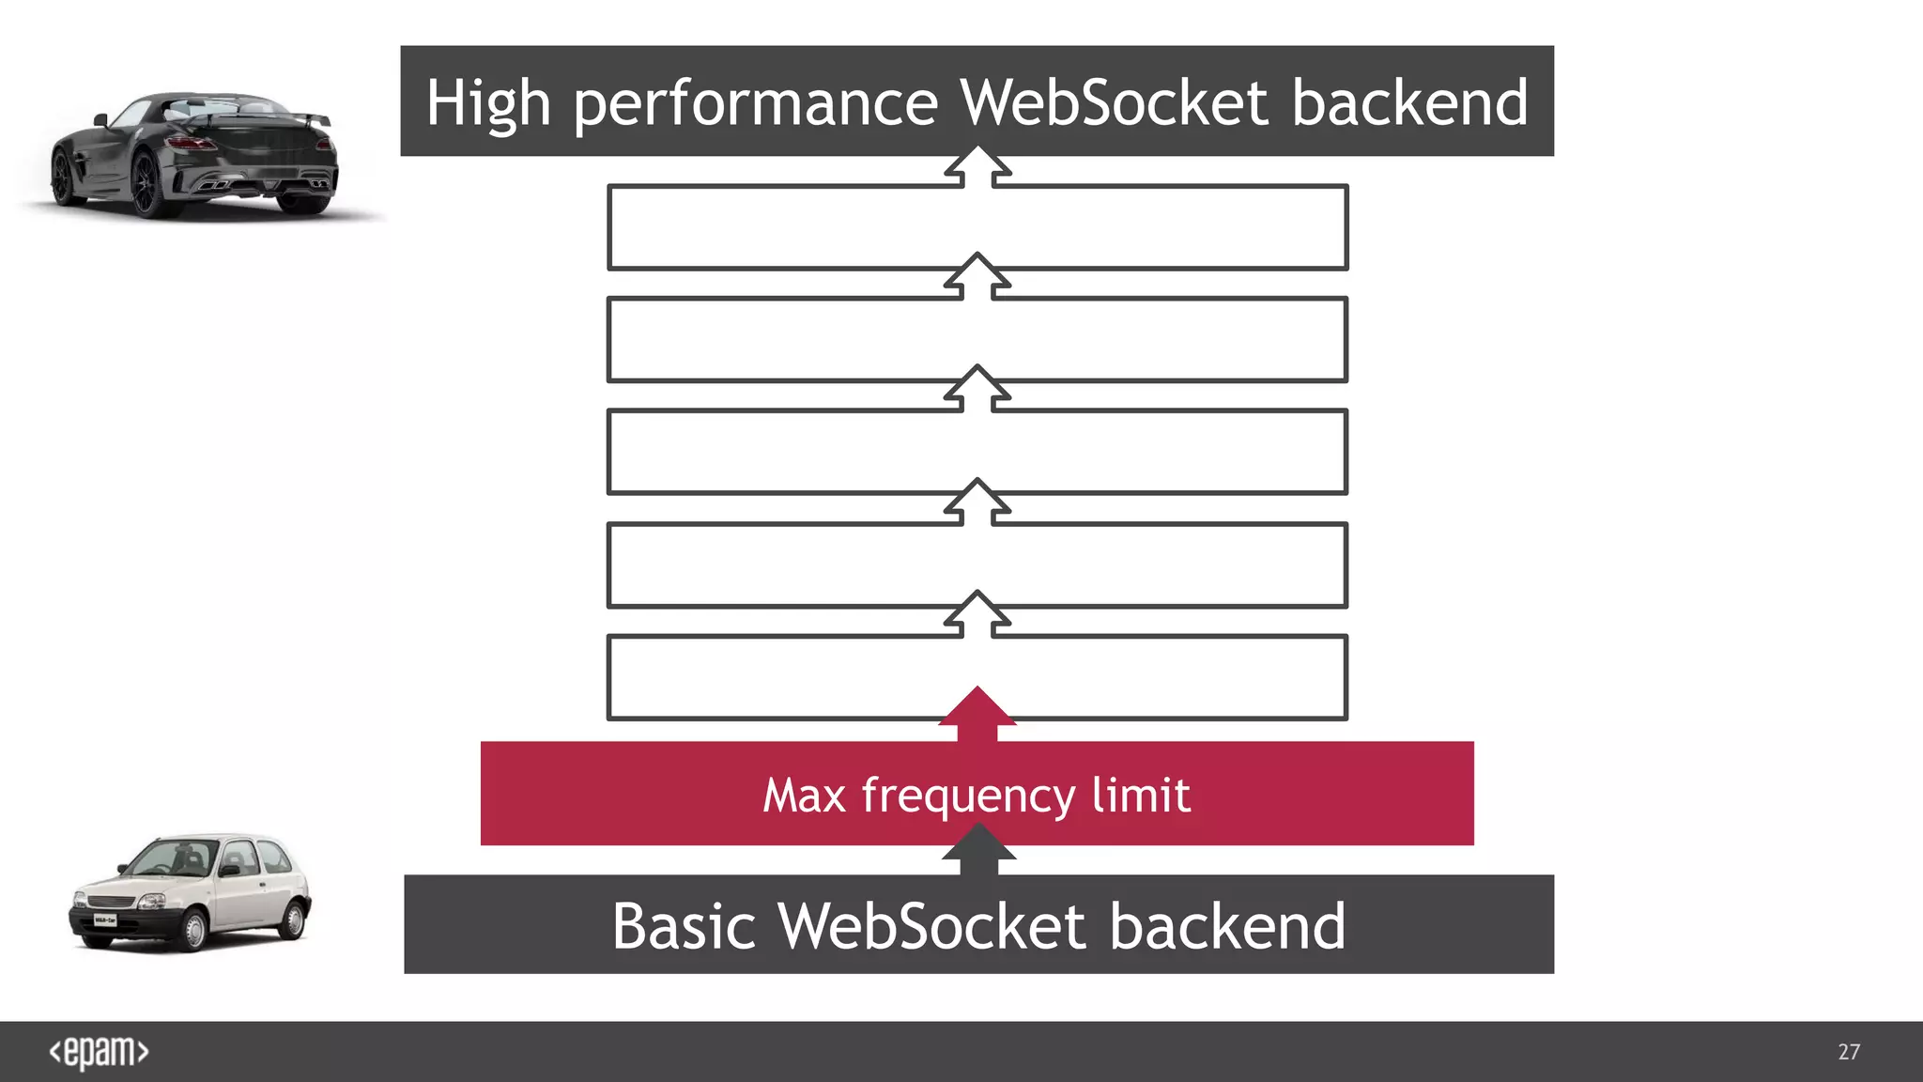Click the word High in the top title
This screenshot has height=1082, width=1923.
pyautogui.click(x=488, y=103)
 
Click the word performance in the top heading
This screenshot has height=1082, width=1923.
pyautogui.click(x=756, y=103)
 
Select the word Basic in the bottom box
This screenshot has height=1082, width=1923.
pyautogui.click(x=684, y=926)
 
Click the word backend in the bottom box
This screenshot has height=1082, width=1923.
pyautogui.click(x=1227, y=926)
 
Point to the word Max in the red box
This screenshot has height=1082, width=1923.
pyautogui.click(x=804, y=796)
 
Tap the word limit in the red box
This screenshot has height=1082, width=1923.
pyautogui.click(x=1141, y=795)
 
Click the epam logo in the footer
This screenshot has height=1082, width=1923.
pyautogui.click(x=99, y=1052)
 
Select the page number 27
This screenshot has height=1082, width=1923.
pyautogui.click(x=1849, y=1052)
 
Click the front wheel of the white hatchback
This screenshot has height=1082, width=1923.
pyautogui.click(x=193, y=929)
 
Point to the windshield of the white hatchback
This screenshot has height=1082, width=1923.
pyautogui.click(x=174, y=858)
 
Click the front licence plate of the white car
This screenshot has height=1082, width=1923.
pyautogui.click(x=104, y=920)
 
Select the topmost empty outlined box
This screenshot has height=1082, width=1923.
pyautogui.click(x=977, y=227)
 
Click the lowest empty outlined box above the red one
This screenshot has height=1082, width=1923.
pyautogui.click(x=977, y=678)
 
